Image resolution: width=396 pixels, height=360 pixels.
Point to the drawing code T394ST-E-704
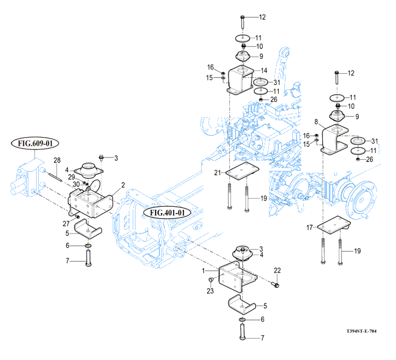pyautogui.click(x=361, y=331)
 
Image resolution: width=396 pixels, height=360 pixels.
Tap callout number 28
pyautogui.click(x=57, y=160)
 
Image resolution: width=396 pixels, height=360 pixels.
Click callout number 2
pyautogui.click(x=123, y=185)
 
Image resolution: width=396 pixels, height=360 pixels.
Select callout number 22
pyautogui.click(x=277, y=270)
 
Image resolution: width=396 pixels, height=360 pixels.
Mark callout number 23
pyautogui.click(x=210, y=291)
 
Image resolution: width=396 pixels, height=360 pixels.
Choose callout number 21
pyautogui.click(x=218, y=173)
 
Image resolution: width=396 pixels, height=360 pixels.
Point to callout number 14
pyautogui.click(x=264, y=70)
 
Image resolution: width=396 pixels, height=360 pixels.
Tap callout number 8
pyautogui.click(x=316, y=121)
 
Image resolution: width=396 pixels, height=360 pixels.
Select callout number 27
pyautogui.click(x=66, y=224)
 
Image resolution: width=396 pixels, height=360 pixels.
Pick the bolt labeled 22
pyautogui.click(x=275, y=285)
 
